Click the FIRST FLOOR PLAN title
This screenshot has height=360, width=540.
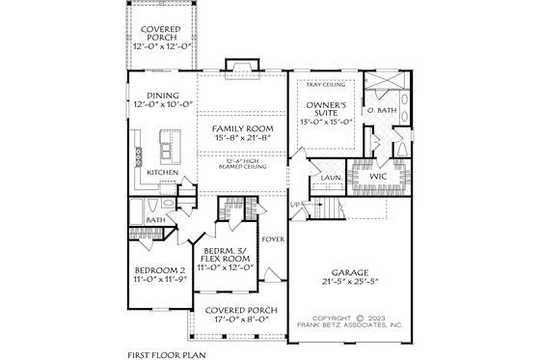coord(168,354)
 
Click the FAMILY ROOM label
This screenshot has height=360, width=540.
coord(242,128)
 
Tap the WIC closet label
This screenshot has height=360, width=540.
coord(377,178)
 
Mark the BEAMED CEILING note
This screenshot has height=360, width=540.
coord(242,166)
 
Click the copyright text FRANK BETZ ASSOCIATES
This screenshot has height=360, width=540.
coord(353,326)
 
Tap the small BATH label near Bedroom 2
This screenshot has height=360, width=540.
coord(154,220)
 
